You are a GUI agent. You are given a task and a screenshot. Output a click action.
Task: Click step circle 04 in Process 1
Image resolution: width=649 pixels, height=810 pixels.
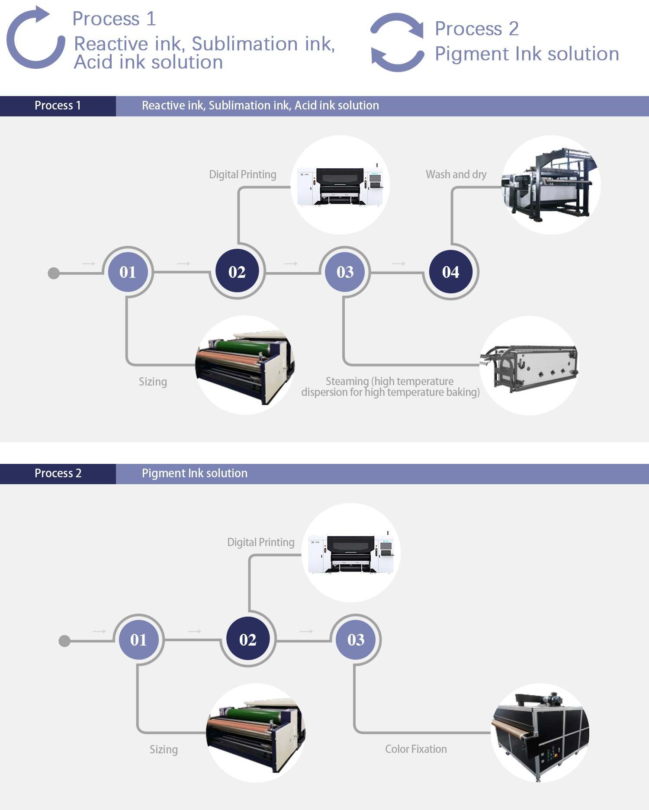[450, 272]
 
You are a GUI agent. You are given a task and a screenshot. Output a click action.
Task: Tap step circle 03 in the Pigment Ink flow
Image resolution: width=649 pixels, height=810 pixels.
[356, 640]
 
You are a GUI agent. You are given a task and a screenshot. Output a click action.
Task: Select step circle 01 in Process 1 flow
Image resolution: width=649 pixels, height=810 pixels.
[128, 272]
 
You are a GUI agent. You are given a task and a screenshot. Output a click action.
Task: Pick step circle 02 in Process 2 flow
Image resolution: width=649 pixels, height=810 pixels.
[248, 640]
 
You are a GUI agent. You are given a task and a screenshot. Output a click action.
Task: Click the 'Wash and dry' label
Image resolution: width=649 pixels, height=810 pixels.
[456, 174]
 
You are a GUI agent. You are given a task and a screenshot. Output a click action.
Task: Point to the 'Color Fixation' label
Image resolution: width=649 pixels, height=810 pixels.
[416, 749]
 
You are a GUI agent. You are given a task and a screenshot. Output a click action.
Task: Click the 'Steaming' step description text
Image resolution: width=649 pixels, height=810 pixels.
[390, 386]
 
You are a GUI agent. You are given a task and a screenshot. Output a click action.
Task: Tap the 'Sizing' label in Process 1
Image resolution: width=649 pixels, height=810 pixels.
[153, 382]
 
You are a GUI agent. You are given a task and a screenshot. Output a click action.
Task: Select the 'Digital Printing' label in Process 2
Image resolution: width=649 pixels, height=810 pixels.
[261, 542]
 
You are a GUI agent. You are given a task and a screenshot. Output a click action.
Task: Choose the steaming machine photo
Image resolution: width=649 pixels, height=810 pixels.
[530, 366]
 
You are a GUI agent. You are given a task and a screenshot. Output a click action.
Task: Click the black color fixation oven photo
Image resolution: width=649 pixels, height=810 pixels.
[540, 733]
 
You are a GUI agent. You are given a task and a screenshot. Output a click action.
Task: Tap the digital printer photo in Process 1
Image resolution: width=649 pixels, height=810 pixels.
[341, 185]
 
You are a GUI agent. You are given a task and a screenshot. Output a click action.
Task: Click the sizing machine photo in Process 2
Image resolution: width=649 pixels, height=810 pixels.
[256, 733]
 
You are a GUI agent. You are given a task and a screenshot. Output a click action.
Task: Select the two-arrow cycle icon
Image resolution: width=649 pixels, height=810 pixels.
[397, 42]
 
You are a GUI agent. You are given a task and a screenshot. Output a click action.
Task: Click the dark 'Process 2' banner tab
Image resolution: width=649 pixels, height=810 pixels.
[58, 473]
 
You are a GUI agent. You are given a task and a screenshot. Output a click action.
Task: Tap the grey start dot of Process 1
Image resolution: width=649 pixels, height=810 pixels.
[54, 273]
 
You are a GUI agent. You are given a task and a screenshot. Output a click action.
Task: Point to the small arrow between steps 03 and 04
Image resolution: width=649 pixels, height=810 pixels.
[398, 264]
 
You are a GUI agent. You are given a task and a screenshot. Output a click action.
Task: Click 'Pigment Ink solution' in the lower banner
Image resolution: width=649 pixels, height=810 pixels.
[195, 473]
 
